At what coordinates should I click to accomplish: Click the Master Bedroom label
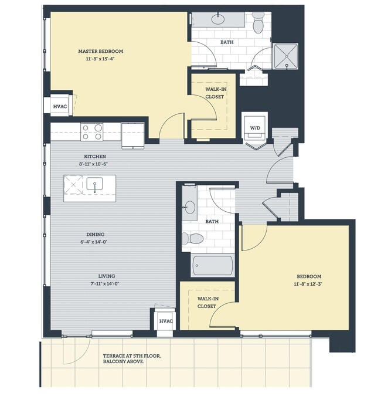point(108,51)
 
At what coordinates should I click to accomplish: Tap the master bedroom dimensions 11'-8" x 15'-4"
point(108,59)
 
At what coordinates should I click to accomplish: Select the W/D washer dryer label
point(256,127)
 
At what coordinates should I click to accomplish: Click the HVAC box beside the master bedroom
point(60,106)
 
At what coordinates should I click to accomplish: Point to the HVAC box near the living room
point(165,321)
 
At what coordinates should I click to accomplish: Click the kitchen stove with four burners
point(92,132)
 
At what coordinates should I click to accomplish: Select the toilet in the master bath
point(258,24)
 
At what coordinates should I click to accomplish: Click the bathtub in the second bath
point(213,265)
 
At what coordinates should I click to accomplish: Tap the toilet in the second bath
point(192,238)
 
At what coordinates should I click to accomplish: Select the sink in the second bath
point(190,206)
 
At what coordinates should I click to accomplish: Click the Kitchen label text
point(94,157)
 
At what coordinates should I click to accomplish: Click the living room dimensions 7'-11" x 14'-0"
point(106,284)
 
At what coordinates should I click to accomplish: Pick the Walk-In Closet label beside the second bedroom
point(206,302)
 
